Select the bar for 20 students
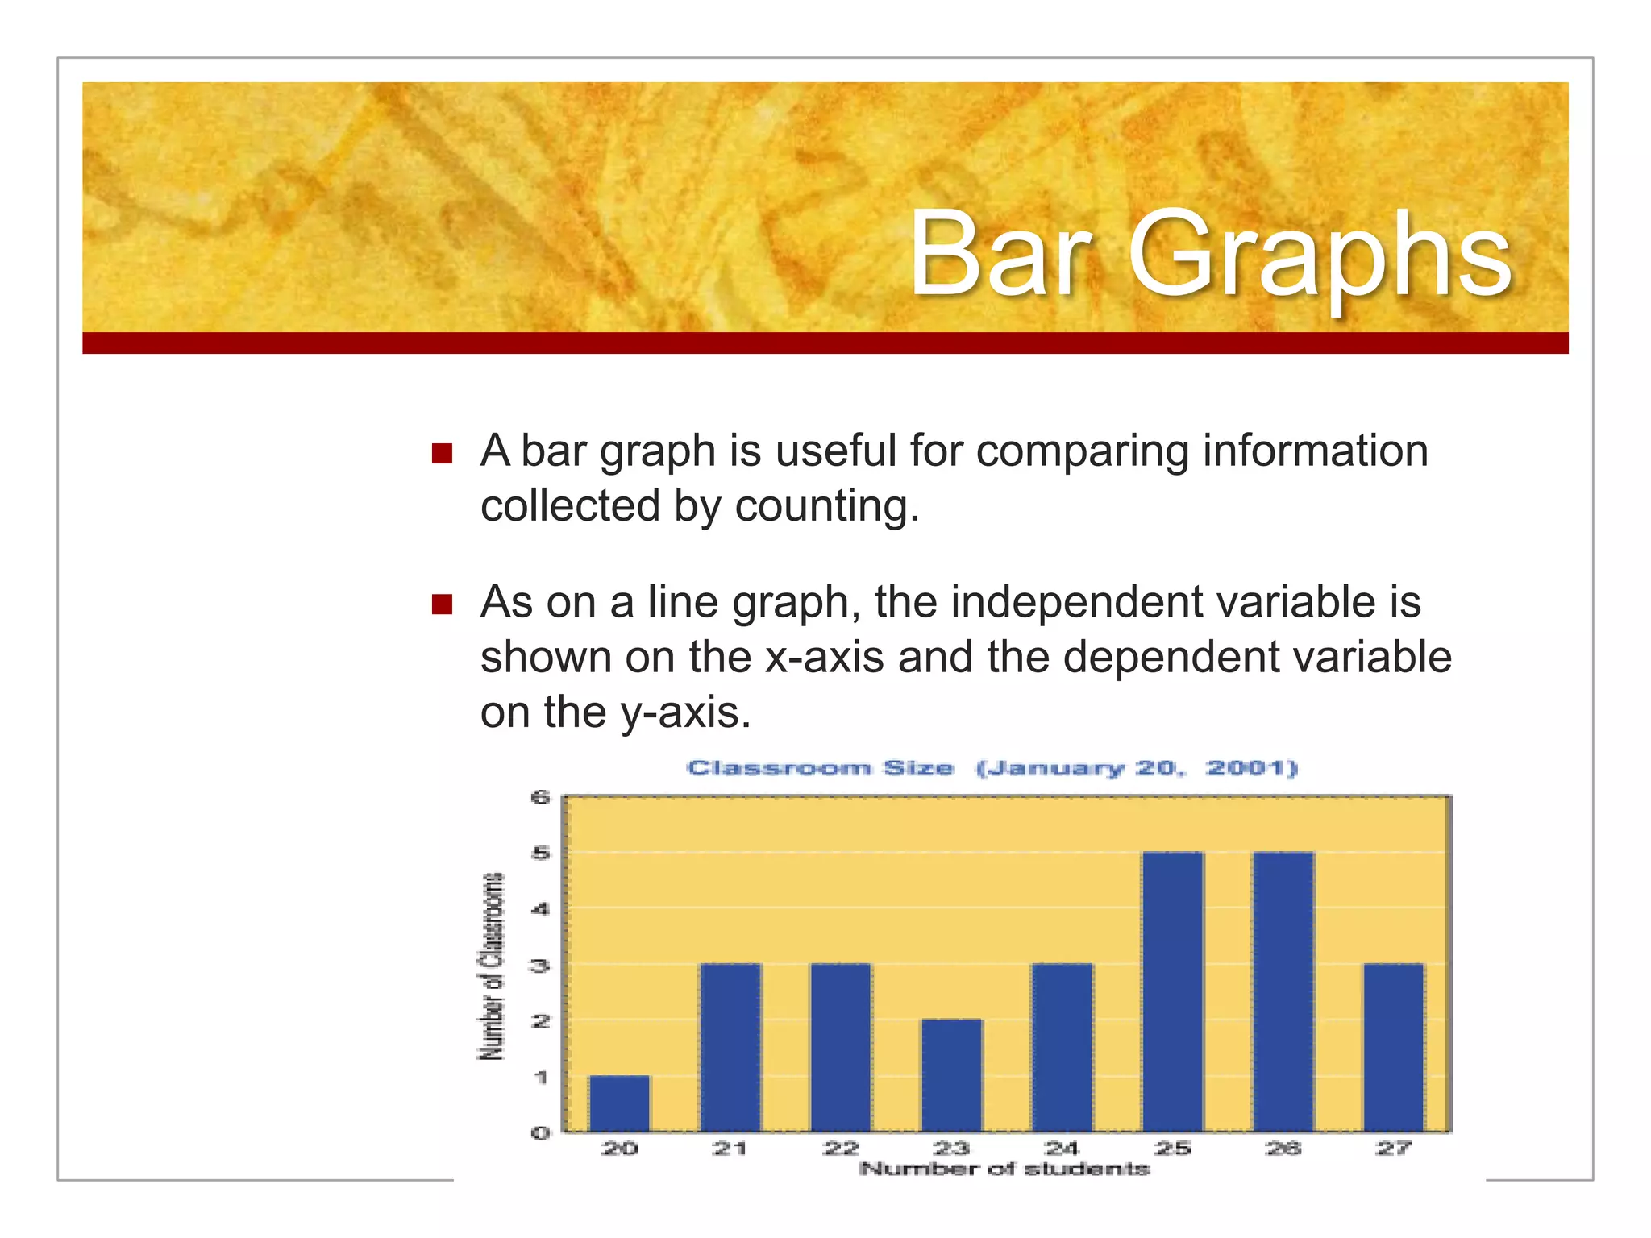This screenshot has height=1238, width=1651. point(619,1103)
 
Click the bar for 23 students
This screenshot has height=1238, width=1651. point(952,1075)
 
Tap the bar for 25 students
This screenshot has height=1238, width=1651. point(1173,991)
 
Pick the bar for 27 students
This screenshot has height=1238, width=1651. point(1394,1047)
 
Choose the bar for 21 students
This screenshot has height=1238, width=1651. point(730,1047)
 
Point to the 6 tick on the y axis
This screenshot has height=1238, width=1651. point(540,798)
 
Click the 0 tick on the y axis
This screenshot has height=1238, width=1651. point(540,1132)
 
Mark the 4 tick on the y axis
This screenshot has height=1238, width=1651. point(540,909)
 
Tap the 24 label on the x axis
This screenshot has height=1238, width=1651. point(1062,1148)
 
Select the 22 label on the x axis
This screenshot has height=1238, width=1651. point(841,1148)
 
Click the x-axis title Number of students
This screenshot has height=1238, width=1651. point(1004,1169)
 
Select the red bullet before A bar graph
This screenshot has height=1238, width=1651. point(442,453)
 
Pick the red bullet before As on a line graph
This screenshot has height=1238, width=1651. point(442,604)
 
